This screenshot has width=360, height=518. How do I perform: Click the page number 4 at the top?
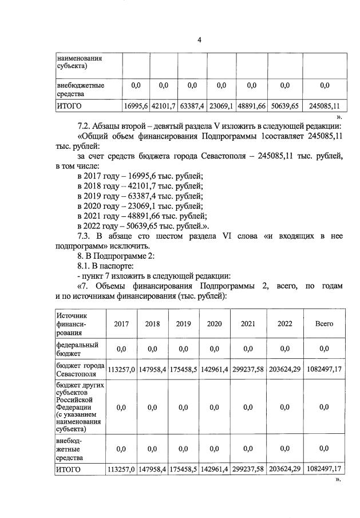pos(199,39)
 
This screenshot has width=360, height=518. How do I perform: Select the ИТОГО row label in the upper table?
pos(69,106)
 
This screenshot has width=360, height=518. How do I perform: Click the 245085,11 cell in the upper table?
pos(324,106)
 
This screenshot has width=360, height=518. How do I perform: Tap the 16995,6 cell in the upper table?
pos(136,106)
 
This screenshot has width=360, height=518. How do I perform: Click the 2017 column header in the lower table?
pos(121,324)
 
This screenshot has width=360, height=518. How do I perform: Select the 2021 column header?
pos(248,324)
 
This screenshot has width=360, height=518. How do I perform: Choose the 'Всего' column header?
pos(324,324)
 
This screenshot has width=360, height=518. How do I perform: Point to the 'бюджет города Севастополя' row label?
pos(80,369)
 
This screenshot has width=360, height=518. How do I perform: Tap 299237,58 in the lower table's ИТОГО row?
pos(248,470)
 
